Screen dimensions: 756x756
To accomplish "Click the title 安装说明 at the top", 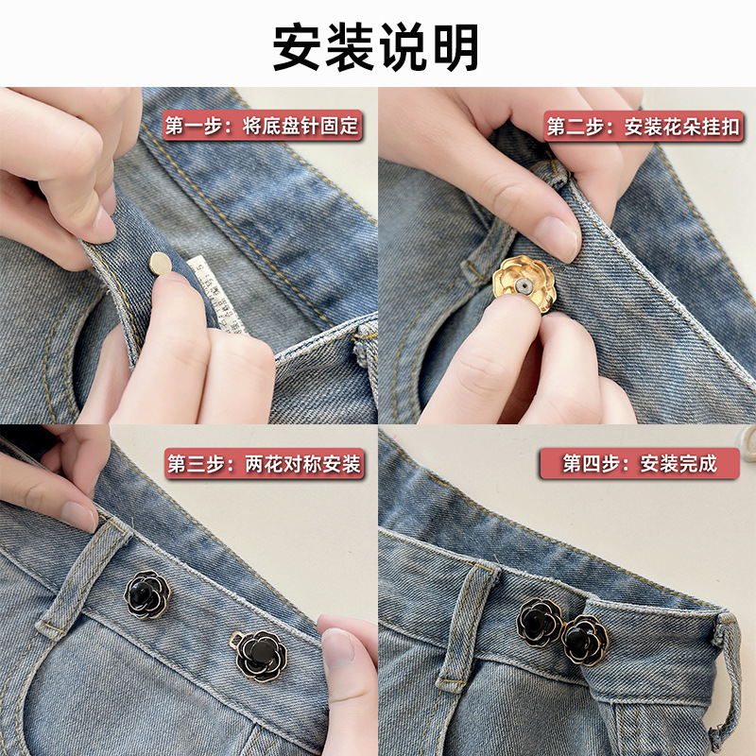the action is coord(375,47).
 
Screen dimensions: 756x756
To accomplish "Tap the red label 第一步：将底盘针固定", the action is coord(263,126).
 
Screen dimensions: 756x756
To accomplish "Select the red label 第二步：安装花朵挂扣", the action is coord(644,127).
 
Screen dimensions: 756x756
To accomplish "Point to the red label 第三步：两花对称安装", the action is coord(265,464).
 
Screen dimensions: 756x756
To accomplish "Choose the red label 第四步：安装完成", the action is coord(640,463).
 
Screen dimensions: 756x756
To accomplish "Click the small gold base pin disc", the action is coord(161,264).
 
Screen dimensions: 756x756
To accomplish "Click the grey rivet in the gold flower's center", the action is coord(524,286).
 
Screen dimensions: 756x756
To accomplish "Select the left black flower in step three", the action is coord(147,594).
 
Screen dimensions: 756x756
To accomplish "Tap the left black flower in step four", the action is coord(539,622).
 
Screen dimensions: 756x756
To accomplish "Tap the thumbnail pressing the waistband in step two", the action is coord(556,238).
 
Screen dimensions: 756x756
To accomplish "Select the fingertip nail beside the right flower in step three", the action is coord(338,651).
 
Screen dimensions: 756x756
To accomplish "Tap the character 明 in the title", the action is coord(455,47).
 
